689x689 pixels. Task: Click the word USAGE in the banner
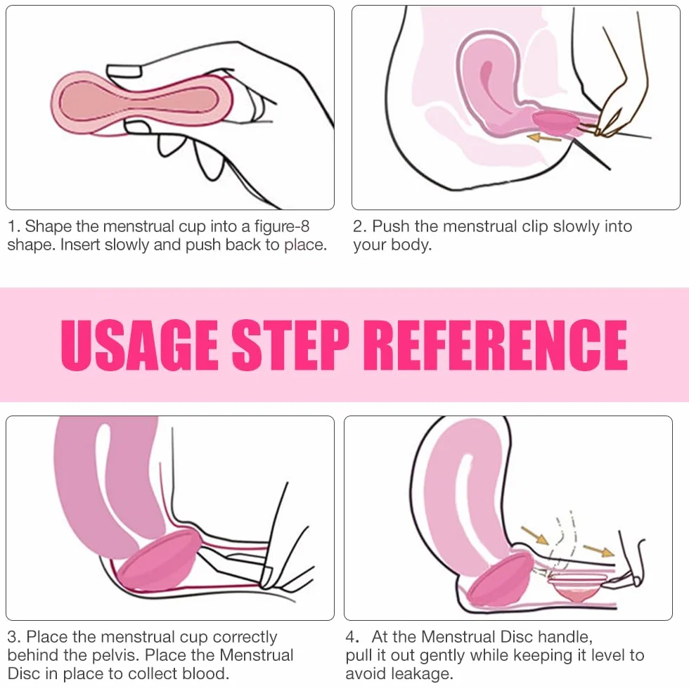[x=140, y=345]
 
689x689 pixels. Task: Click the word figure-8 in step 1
[x=282, y=227]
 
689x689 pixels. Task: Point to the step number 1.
[x=13, y=226]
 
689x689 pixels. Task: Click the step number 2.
[x=359, y=226]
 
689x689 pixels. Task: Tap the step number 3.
[x=14, y=637]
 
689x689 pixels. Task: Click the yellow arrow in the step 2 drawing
[x=544, y=139]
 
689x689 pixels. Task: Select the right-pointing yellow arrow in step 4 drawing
[x=598, y=550]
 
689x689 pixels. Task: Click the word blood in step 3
[x=205, y=674]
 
